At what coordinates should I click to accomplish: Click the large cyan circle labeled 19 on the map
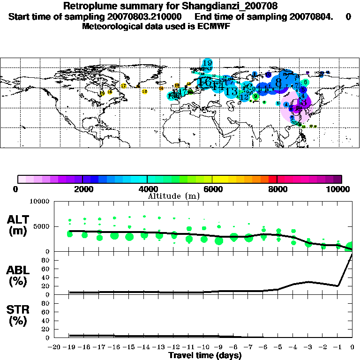click(x=207, y=63)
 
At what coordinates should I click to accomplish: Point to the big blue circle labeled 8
click(x=278, y=82)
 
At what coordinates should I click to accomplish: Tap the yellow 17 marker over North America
click(x=123, y=86)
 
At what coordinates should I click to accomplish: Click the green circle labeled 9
click(x=255, y=96)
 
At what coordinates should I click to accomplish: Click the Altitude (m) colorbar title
click(x=174, y=196)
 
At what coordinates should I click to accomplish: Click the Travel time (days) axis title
click(x=205, y=355)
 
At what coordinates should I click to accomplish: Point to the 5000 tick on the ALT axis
click(x=42, y=226)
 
